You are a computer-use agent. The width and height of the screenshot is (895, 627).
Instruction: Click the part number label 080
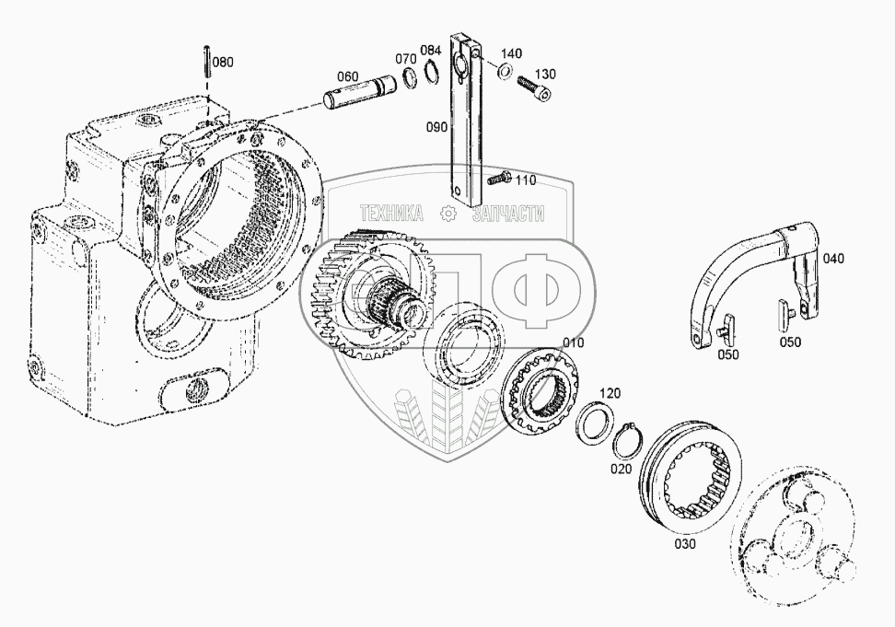point(223,63)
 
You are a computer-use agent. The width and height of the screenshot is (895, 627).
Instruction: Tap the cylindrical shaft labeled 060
point(360,91)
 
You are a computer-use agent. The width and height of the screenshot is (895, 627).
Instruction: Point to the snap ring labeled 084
point(432,74)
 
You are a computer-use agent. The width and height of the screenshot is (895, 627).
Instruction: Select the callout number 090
point(437,127)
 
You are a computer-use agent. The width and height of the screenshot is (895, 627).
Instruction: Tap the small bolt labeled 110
point(499,177)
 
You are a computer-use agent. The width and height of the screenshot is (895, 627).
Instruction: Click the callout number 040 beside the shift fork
point(832,259)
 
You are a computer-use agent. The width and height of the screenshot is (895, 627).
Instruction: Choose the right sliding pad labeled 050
point(785,315)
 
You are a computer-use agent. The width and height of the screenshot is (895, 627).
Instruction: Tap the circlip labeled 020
point(629,440)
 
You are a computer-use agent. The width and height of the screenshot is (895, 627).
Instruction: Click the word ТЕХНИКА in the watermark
point(391,214)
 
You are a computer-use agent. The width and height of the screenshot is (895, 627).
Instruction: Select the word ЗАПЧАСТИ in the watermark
point(508,214)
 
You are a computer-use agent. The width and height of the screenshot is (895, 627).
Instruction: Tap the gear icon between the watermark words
point(448,214)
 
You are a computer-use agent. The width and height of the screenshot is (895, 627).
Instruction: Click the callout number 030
point(685,544)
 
